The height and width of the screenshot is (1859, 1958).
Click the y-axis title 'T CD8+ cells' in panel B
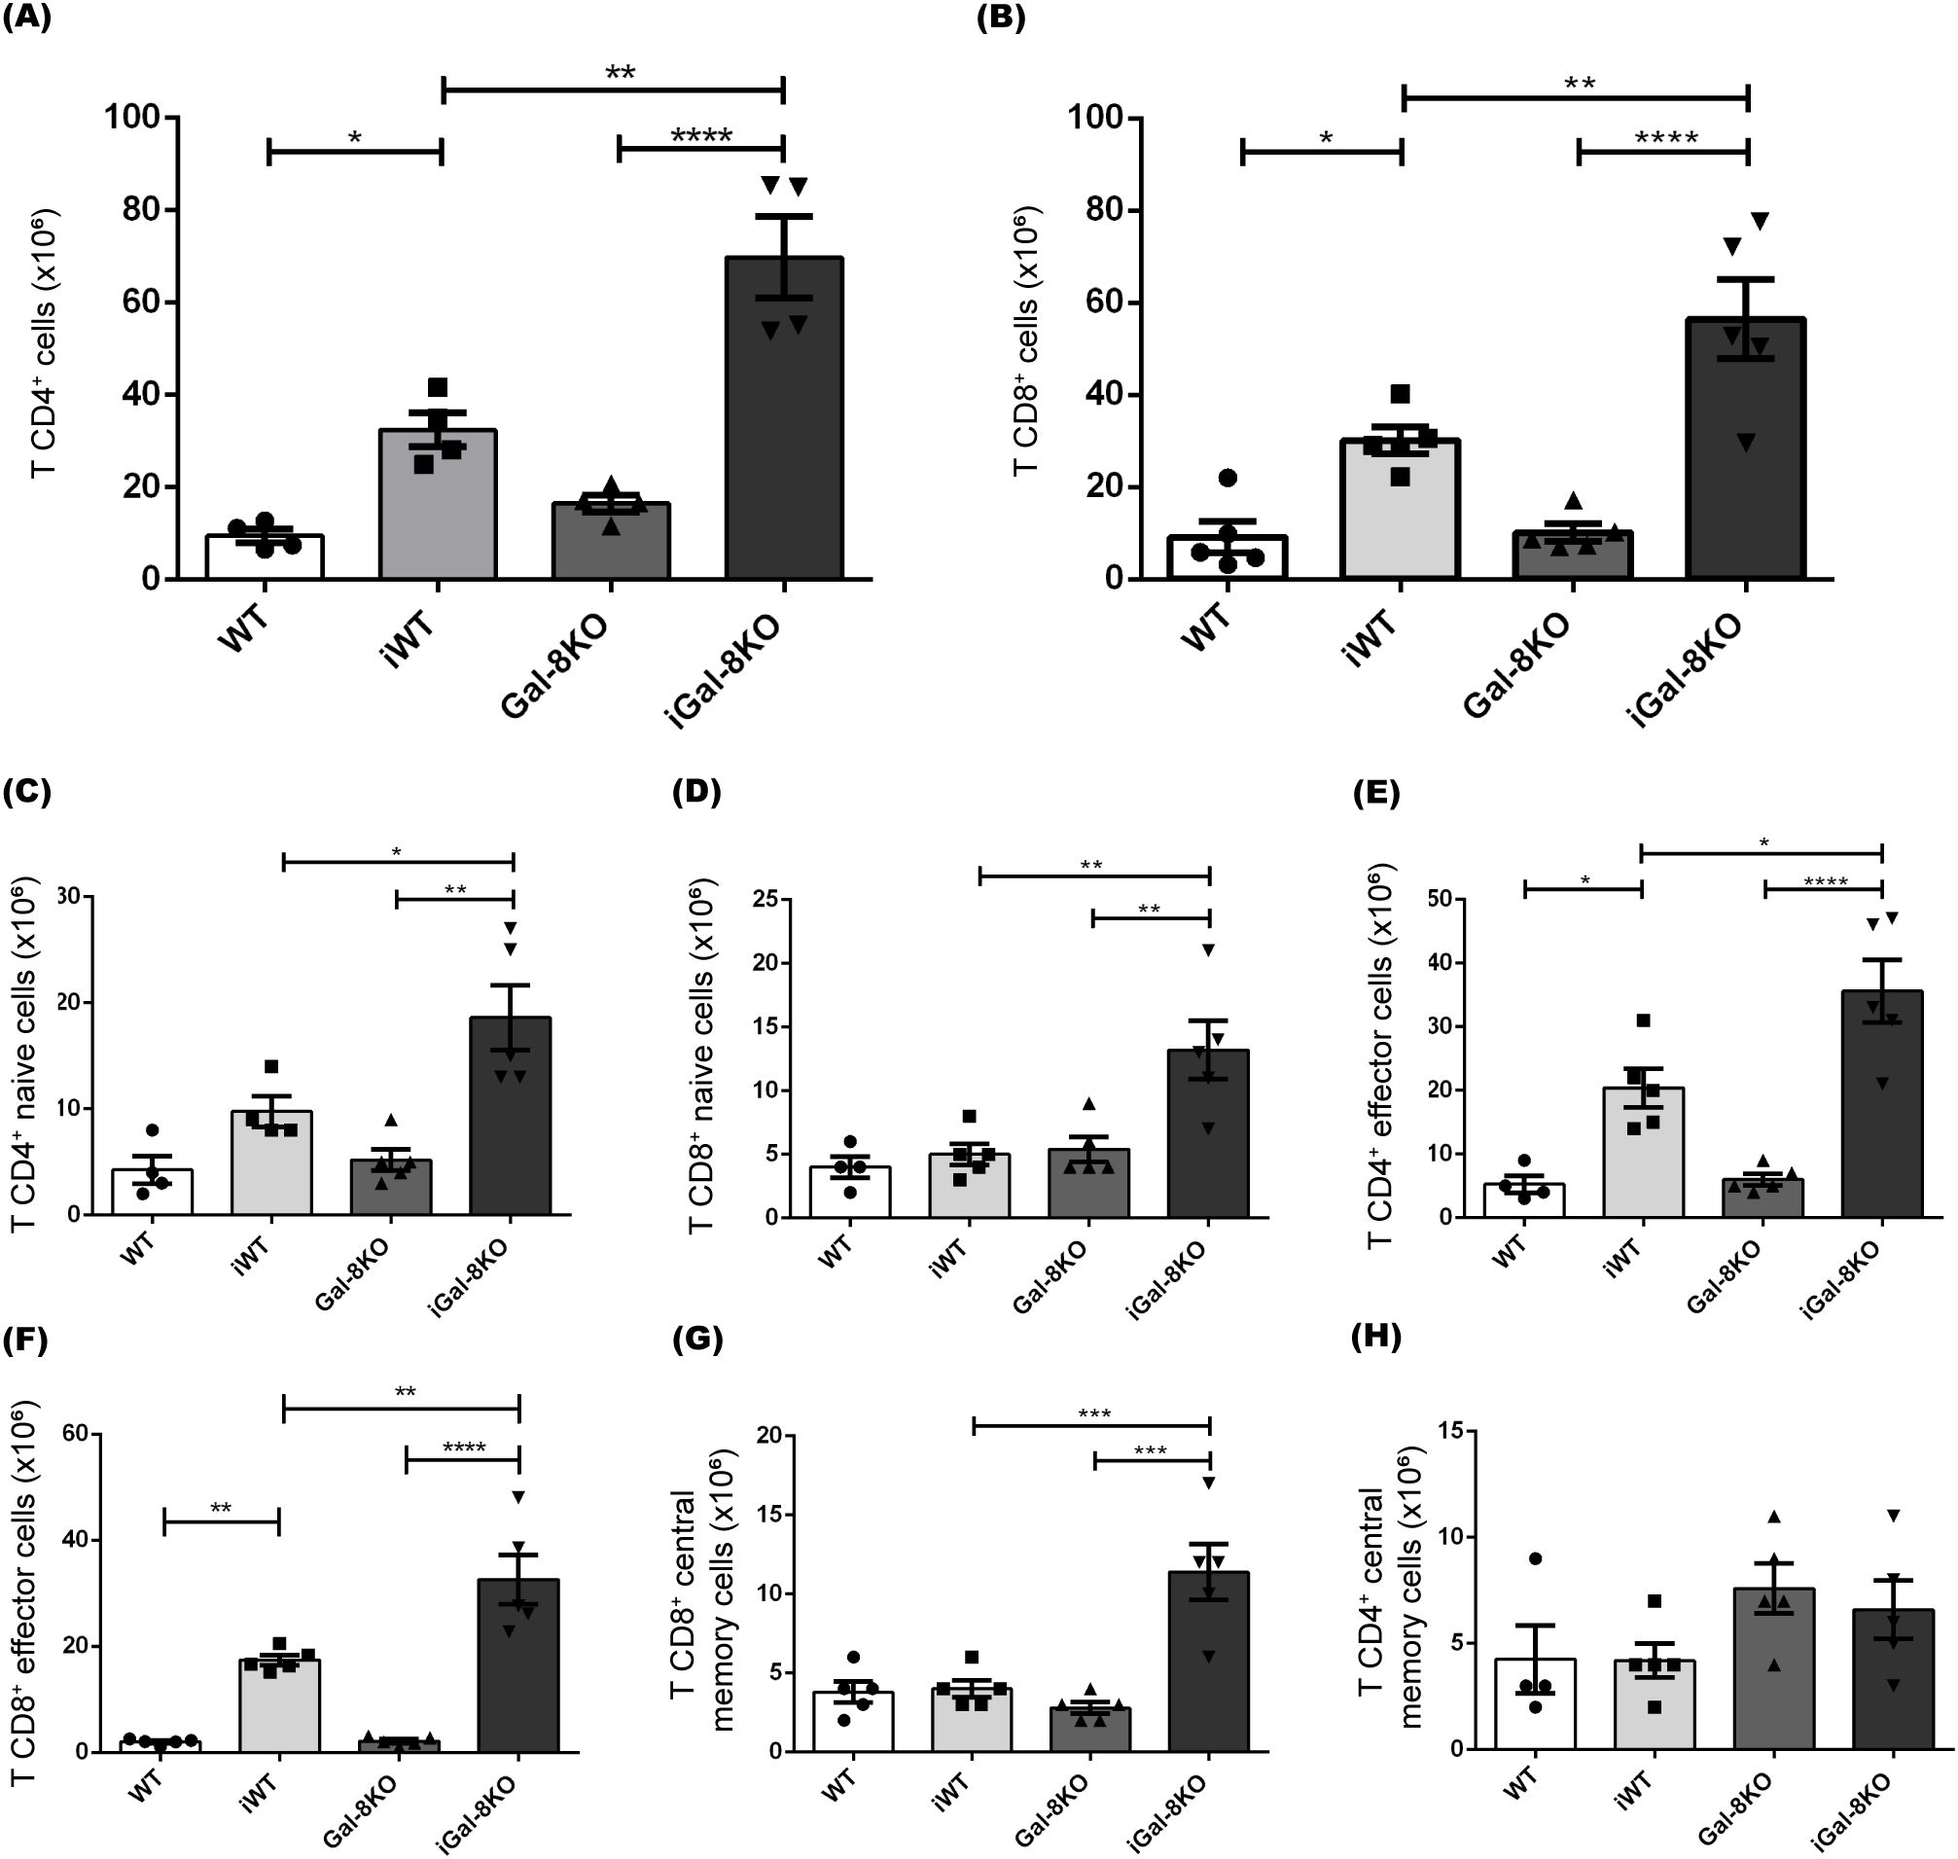click(1026, 341)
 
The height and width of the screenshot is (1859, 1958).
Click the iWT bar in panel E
click(1643, 1155)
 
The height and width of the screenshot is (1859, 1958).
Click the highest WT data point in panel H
click(1535, 1558)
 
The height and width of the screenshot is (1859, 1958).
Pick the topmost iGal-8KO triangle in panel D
click(1208, 950)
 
